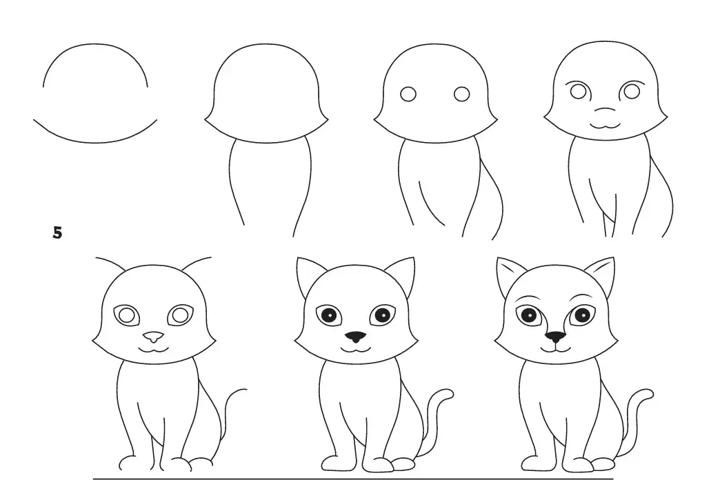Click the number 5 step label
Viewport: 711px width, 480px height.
(x=57, y=233)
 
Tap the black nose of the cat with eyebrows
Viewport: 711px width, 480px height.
(x=554, y=337)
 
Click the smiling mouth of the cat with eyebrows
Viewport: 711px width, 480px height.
(x=555, y=350)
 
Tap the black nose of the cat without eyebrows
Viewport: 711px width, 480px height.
(x=355, y=337)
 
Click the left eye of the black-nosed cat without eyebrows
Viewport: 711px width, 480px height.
(x=329, y=315)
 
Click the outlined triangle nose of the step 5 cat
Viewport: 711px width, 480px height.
(x=153, y=337)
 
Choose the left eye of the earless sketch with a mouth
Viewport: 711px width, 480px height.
(x=578, y=90)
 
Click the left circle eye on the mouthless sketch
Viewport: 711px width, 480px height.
(x=409, y=93)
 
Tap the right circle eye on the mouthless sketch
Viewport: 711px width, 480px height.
(x=461, y=93)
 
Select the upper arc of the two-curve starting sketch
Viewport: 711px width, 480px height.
(x=95, y=48)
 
